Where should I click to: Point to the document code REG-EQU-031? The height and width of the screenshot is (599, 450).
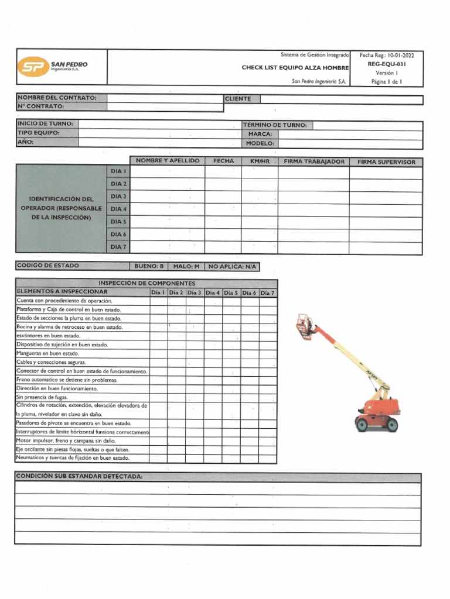click(x=386, y=64)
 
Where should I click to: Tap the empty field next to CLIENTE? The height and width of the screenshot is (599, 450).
click(x=340, y=99)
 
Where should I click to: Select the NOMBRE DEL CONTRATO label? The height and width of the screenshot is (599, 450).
click(x=57, y=98)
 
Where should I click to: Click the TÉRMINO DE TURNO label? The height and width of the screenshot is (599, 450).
click(x=275, y=125)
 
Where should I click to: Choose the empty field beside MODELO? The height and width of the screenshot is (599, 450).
click(x=350, y=143)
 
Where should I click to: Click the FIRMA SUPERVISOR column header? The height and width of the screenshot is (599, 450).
click(x=386, y=162)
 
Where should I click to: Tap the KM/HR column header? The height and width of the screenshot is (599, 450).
click(x=260, y=161)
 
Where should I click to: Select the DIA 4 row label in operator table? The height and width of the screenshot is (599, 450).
click(x=118, y=209)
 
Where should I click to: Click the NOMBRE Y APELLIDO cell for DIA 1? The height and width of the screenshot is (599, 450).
click(x=168, y=172)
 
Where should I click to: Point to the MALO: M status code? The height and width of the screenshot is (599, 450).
click(x=186, y=267)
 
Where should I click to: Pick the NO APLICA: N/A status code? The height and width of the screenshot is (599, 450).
click(x=232, y=267)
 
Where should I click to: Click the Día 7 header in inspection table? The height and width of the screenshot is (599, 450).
click(x=268, y=292)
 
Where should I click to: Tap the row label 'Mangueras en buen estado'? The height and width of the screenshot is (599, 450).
click(x=47, y=354)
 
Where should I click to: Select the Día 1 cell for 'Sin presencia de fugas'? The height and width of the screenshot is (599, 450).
click(x=159, y=397)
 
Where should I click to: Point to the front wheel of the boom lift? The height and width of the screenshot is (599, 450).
click(x=392, y=424)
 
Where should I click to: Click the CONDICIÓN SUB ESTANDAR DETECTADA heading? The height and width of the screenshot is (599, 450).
click(x=79, y=477)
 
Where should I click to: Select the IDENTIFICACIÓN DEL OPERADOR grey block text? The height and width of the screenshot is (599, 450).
click(x=62, y=208)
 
